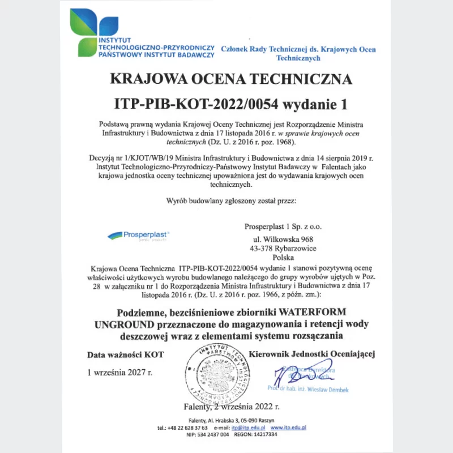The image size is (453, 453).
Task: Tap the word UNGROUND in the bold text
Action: tap(124, 324)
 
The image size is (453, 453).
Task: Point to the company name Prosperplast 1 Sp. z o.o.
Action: tap(283, 226)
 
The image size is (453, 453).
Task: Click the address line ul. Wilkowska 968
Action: tap(283, 239)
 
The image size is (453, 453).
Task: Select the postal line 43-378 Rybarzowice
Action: tap(283, 248)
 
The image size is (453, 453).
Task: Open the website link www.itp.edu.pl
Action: tap(288, 428)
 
